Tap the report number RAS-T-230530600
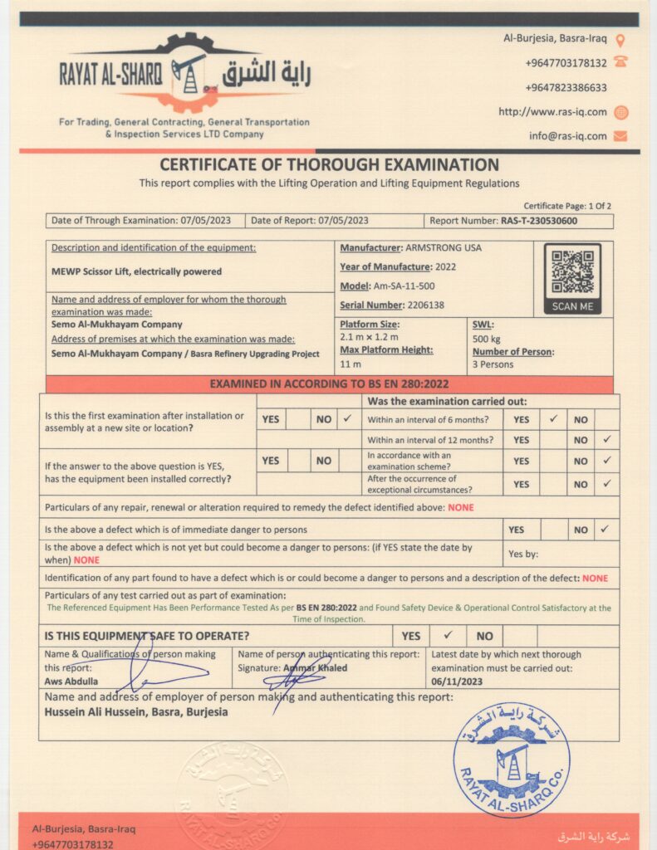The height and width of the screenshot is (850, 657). tap(539, 221)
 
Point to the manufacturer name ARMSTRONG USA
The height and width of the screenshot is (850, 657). tap(443, 247)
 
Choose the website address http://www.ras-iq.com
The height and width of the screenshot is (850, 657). tap(552, 112)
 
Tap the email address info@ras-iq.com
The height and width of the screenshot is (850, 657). tap(567, 136)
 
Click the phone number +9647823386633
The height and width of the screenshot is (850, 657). tap(566, 88)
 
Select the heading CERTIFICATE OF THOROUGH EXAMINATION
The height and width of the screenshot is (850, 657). tap(329, 164)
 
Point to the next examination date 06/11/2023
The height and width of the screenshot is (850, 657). tap(457, 681)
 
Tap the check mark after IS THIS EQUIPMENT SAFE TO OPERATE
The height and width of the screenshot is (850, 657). tap(448, 636)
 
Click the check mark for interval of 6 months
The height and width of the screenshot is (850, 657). tap(552, 419)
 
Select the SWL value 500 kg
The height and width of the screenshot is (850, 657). tap(488, 339)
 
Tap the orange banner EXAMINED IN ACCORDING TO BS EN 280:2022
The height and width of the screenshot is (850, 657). tap(329, 384)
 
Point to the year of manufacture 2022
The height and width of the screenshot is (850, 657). tap(451, 266)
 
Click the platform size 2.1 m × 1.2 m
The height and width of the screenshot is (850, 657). tap(369, 337)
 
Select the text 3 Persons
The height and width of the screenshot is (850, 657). tap(493, 364)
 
